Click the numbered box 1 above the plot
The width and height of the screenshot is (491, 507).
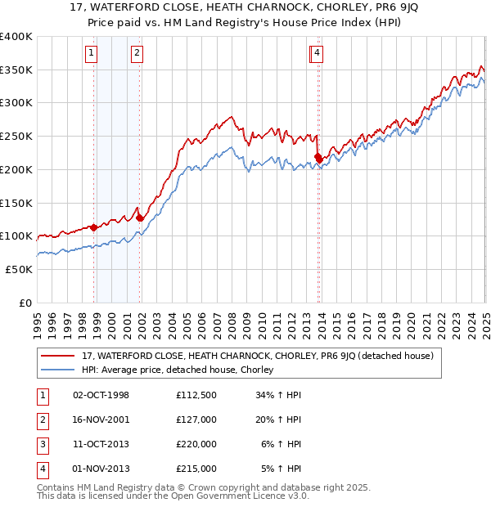coord(90,54)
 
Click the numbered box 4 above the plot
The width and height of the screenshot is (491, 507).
coord(317,54)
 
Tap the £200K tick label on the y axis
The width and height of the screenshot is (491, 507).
coord(16,169)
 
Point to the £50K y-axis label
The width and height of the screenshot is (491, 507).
coord(20,269)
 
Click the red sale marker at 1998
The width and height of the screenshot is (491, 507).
coord(93,227)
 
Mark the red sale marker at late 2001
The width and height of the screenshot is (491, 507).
coord(140,218)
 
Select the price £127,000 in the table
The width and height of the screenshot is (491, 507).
coord(196,420)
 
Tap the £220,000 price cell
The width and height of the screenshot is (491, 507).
coord(196,445)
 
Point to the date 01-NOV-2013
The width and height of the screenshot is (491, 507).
coord(101,469)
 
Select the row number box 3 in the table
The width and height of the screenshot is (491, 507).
coord(42,445)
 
